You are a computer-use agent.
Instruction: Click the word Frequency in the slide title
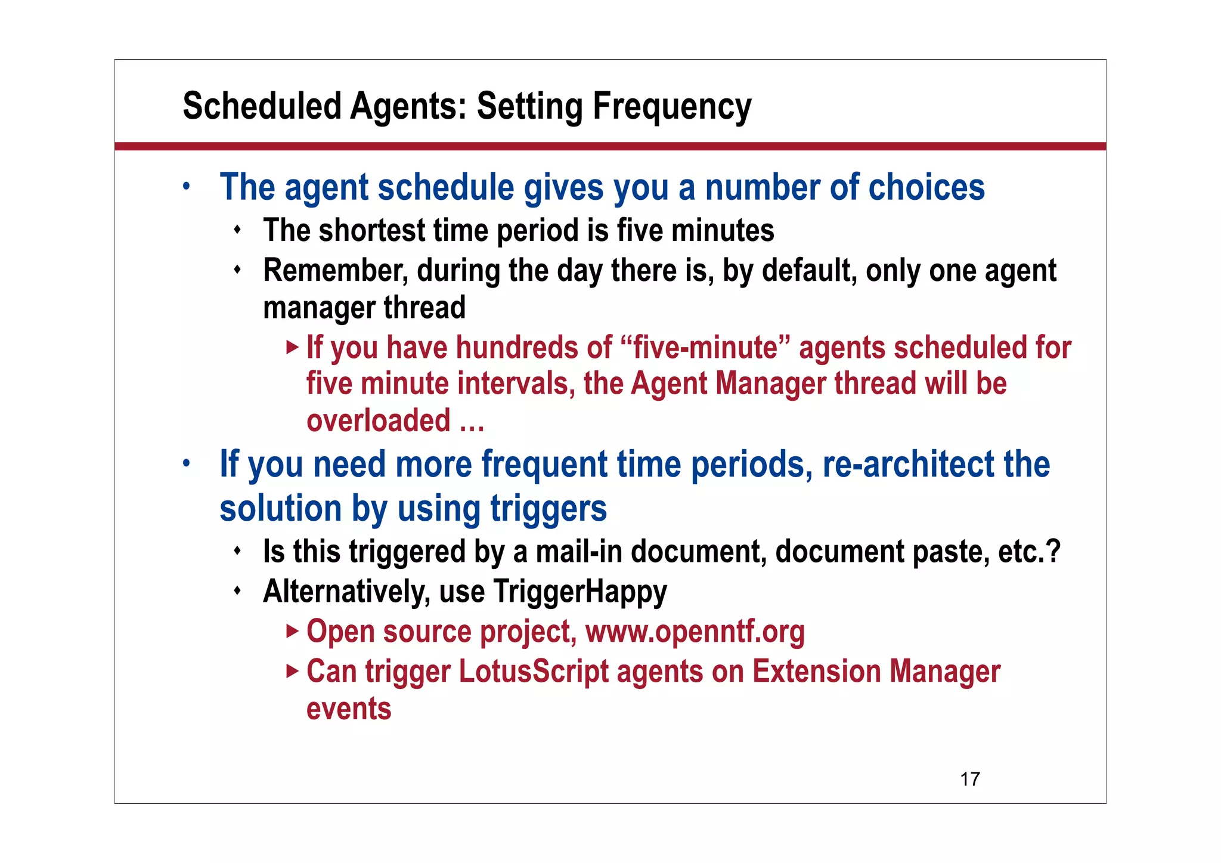click(672, 107)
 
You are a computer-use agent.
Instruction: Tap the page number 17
click(970, 779)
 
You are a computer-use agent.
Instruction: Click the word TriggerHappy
click(580, 592)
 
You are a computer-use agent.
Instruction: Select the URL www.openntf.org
click(695, 632)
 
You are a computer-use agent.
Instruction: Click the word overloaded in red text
click(378, 421)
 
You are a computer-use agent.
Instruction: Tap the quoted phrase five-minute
click(706, 348)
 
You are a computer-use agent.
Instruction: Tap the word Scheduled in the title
click(262, 107)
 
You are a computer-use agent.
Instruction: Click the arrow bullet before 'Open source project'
click(292, 631)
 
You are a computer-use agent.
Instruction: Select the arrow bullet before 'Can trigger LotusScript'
click(292, 671)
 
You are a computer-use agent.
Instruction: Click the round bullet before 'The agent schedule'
click(187, 186)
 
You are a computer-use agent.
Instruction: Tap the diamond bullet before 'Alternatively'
click(237, 591)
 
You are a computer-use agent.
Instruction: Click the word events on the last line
click(349, 709)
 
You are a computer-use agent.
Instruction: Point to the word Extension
click(816, 672)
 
